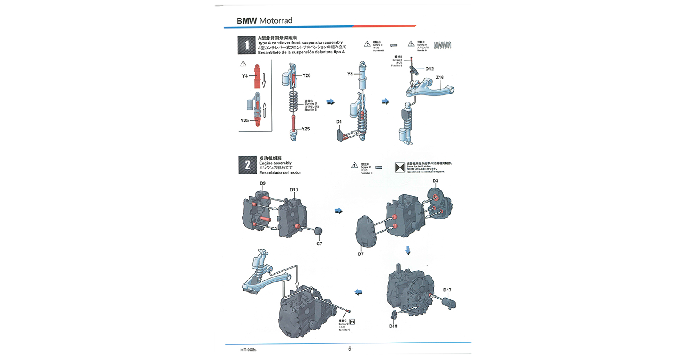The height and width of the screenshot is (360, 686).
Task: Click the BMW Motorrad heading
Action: (264, 21)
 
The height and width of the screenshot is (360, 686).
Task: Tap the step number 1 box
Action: (246, 45)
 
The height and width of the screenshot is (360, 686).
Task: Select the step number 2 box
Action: (247, 165)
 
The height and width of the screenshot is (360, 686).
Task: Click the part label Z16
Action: (440, 78)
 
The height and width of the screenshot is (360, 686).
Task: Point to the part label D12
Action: (429, 69)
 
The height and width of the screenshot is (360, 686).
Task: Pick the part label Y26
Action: (307, 75)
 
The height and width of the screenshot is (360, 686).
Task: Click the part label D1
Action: (339, 122)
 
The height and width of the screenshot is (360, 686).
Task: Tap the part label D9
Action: (263, 183)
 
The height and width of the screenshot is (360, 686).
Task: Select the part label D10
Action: (293, 190)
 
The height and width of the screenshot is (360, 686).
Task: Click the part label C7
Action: (319, 244)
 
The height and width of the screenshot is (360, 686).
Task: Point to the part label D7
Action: (360, 254)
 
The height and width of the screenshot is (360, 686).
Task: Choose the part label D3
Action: (435, 181)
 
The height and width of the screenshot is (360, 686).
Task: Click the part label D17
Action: (447, 290)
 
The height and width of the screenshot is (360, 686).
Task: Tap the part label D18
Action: (393, 326)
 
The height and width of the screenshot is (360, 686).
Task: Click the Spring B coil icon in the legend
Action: (443, 45)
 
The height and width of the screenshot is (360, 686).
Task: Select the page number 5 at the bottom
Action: (349, 349)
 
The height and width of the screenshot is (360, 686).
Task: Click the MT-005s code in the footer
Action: (248, 350)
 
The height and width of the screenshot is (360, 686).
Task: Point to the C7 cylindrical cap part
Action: (318, 232)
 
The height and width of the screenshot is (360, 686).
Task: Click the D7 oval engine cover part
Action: (366, 232)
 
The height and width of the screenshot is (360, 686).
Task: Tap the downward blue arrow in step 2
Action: (408, 251)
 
